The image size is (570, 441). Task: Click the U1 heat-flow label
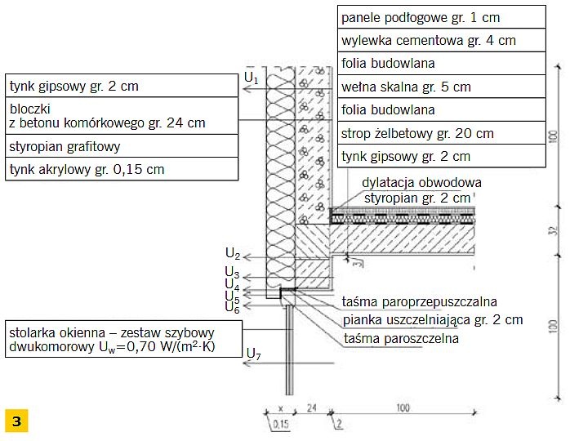[252, 78]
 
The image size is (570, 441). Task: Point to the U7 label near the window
[253, 354]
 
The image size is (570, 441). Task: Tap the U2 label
[233, 253]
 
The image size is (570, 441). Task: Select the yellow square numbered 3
[16, 421]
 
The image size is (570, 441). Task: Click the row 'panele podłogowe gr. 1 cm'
[441, 17]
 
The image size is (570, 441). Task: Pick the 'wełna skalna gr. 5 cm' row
[441, 87]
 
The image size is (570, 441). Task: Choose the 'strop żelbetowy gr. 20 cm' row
[441, 133]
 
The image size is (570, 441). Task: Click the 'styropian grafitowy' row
[122, 146]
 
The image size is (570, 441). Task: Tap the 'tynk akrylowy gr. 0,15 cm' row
[122, 169]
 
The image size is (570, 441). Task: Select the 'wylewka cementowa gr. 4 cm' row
[441, 40]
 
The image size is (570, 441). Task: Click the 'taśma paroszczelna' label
[401, 338]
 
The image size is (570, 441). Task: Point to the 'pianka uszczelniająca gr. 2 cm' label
[433, 320]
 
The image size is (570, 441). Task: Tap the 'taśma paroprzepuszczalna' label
[419, 301]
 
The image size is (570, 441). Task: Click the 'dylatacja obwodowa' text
[421, 182]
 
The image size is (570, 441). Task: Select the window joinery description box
[123, 339]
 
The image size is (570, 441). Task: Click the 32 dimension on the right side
[553, 230]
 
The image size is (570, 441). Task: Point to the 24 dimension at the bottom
[311, 408]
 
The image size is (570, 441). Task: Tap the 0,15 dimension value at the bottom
[280, 424]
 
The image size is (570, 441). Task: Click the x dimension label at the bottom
[280, 408]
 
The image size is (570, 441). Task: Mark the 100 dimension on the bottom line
[403, 408]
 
